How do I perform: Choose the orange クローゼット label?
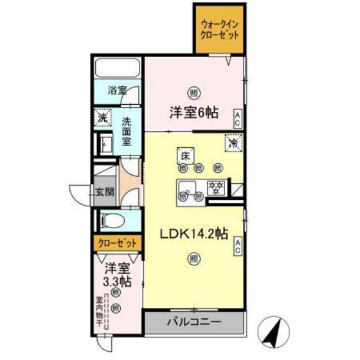point(118,243)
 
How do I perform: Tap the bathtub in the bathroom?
point(118,68)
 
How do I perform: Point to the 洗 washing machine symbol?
point(102,118)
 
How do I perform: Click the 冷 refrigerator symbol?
point(233,142)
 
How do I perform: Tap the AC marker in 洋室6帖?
point(237,117)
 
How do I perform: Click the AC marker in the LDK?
point(237,244)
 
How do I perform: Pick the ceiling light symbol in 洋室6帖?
point(193,92)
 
